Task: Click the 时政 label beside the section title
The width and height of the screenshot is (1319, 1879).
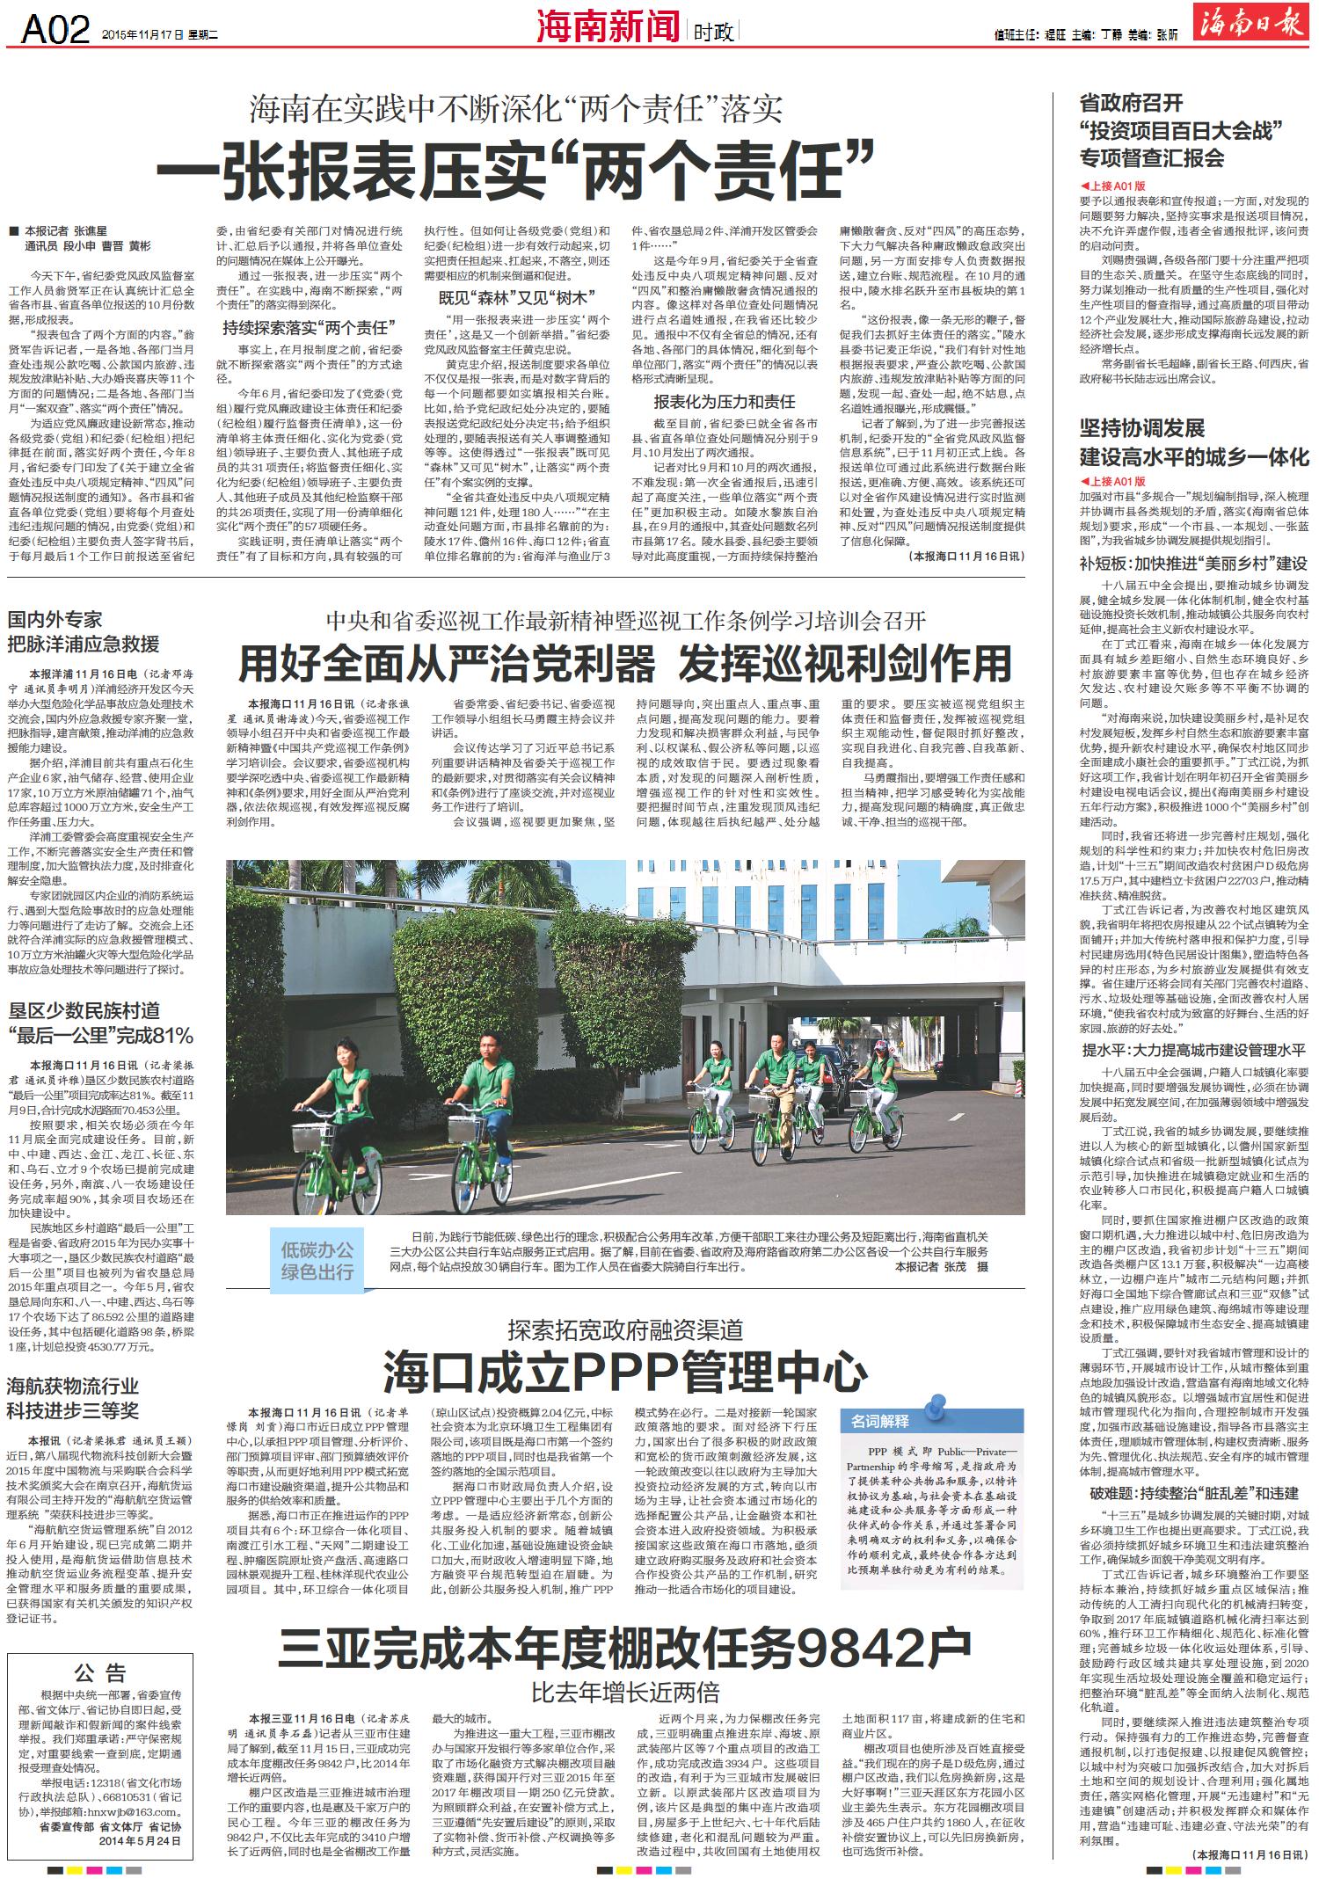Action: point(713,33)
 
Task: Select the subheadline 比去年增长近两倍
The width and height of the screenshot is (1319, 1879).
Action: point(625,1690)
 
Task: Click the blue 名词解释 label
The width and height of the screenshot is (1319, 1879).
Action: point(880,1420)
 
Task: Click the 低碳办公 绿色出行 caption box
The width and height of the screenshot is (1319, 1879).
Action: point(317,1260)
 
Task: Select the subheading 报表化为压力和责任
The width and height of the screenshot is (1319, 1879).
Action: point(724,402)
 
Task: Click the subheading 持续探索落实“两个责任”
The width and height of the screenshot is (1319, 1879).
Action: point(305,328)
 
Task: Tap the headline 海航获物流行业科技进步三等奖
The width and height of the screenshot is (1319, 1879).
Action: point(73,1399)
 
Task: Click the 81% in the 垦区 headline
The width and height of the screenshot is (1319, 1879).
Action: point(171,1034)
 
